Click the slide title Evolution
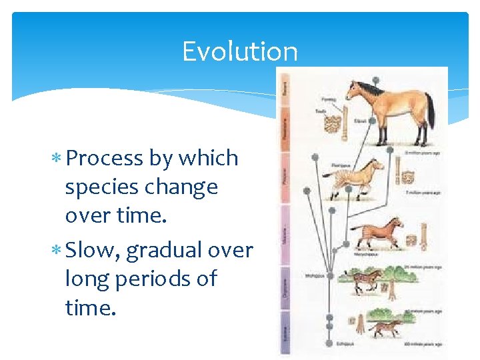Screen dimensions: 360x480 click(x=240, y=51)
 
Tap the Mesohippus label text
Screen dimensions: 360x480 click(x=315, y=274)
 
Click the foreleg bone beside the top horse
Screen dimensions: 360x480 click(x=345, y=129)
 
